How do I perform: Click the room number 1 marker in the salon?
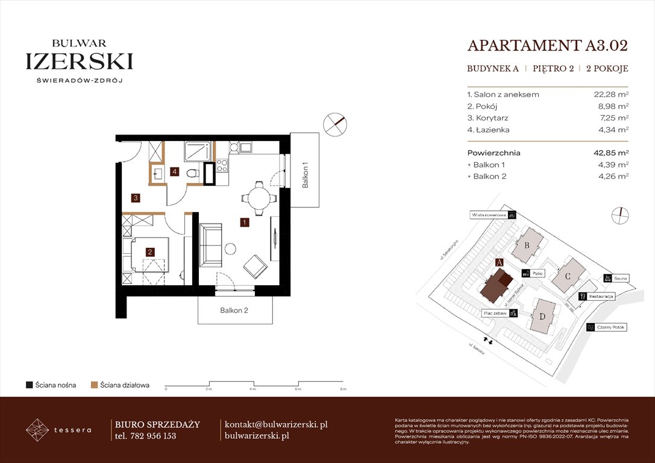pyautogui.click(x=244, y=222)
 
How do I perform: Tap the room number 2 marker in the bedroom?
pyautogui.click(x=150, y=252)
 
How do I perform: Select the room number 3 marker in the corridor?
pyautogui.click(x=136, y=197)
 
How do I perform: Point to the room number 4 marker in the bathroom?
pyautogui.click(x=175, y=172)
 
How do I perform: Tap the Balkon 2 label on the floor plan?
pyautogui.click(x=234, y=311)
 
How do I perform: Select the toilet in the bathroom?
pyautogui.click(x=192, y=174)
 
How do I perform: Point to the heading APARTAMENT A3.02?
pyautogui.click(x=547, y=46)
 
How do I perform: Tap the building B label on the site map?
pyautogui.click(x=527, y=245)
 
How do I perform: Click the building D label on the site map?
pyautogui.click(x=542, y=317)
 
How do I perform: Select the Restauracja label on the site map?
pyautogui.click(x=601, y=297)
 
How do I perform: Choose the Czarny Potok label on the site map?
pyautogui.click(x=610, y=327)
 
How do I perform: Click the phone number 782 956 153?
pyautogui.click(x=153, y=436)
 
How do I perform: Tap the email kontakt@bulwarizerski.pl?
pyautogui.click(x=275, y=424)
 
